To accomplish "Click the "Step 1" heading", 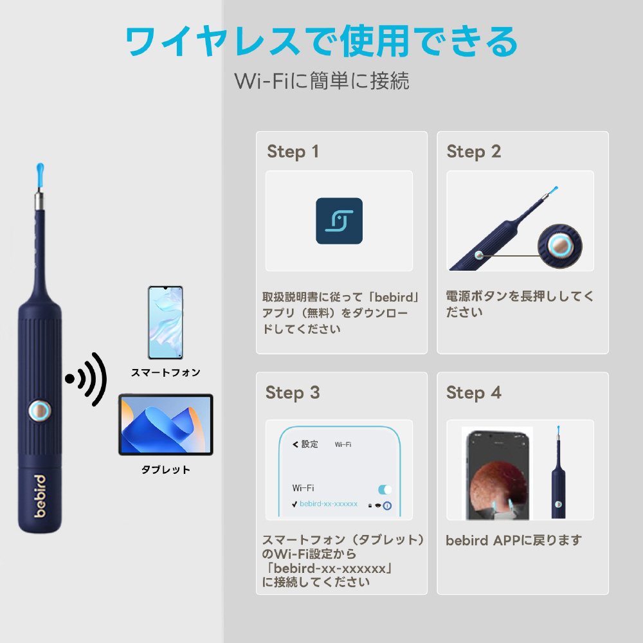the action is click(293, 152).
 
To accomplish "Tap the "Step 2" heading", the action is click(474, 152).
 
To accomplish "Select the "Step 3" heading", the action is click(293, 393).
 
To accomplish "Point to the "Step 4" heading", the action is click(474, 393).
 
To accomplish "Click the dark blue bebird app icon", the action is click(339, 221).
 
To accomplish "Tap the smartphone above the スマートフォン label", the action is click(165, 323).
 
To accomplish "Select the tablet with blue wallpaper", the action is click(166, 424).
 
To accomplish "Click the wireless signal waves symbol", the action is click(86, 379).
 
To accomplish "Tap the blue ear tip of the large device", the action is click(40, 174).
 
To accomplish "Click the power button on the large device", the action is click(40, 410).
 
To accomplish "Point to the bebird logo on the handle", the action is click(40, 496).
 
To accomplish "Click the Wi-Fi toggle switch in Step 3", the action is click(385, 489).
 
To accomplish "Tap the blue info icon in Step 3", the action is click(387, 505).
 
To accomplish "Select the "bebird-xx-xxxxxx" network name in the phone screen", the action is click(329, 503).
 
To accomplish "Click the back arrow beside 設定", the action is click(295, 444).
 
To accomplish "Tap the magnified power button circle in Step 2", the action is click(560, 246).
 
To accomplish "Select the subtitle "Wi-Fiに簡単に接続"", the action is click(322, 80).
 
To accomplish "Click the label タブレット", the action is click(166, 469).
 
